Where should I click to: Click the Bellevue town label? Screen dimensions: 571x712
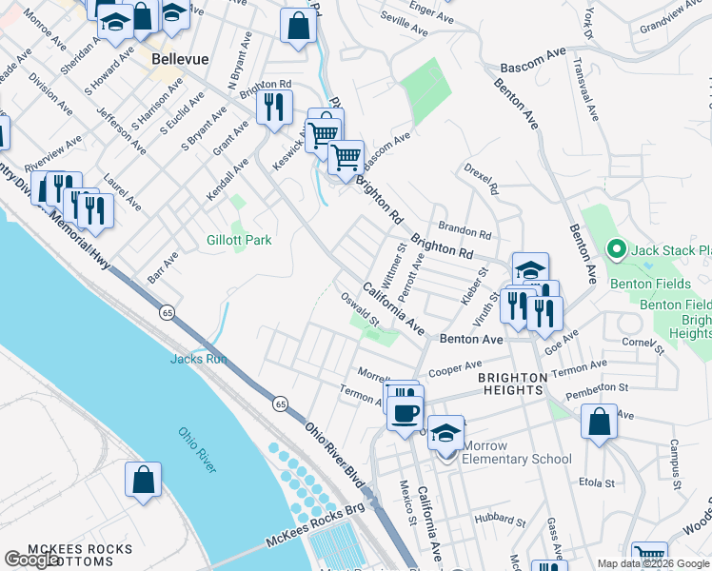coord(180,59)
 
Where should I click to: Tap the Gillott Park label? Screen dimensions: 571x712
coord(239,240)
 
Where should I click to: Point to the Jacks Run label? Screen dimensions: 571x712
coord(197,359)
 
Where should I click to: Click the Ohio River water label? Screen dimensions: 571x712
coord(198,449)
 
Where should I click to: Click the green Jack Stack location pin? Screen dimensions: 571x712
coord(616,250)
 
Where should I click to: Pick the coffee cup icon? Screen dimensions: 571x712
coord(405,412)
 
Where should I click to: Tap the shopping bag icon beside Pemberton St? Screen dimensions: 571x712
coord(599,423)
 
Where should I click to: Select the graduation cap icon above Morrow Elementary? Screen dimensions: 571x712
coord(445,432)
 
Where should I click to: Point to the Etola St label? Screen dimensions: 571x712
coord(598,483)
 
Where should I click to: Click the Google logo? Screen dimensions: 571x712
coord(33,560)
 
